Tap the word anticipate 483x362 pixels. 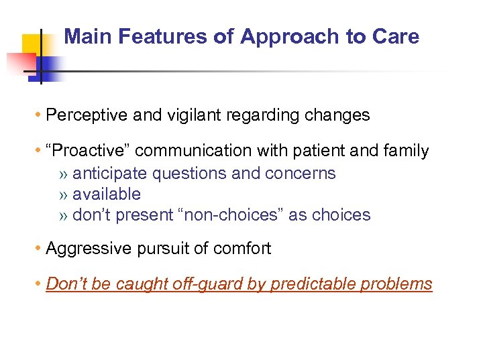tap(109, 173)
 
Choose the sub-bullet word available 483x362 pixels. tap(107, 194)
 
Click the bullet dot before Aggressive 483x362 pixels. tap(40, 249)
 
